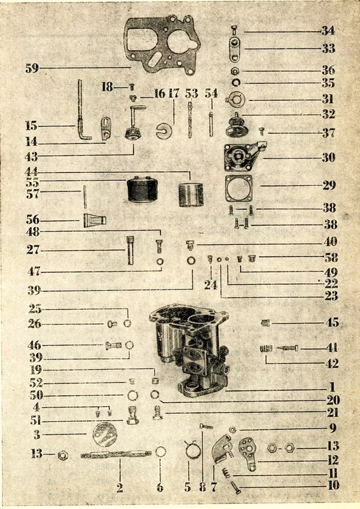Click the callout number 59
32,68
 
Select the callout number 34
328,31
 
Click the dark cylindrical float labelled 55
142,189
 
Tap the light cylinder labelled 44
191,195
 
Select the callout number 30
328,157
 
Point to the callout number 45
332,323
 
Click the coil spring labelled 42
266,349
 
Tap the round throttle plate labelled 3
104,435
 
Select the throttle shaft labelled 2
116,454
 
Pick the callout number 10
333,485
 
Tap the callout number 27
33,250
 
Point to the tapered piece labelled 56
95,220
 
